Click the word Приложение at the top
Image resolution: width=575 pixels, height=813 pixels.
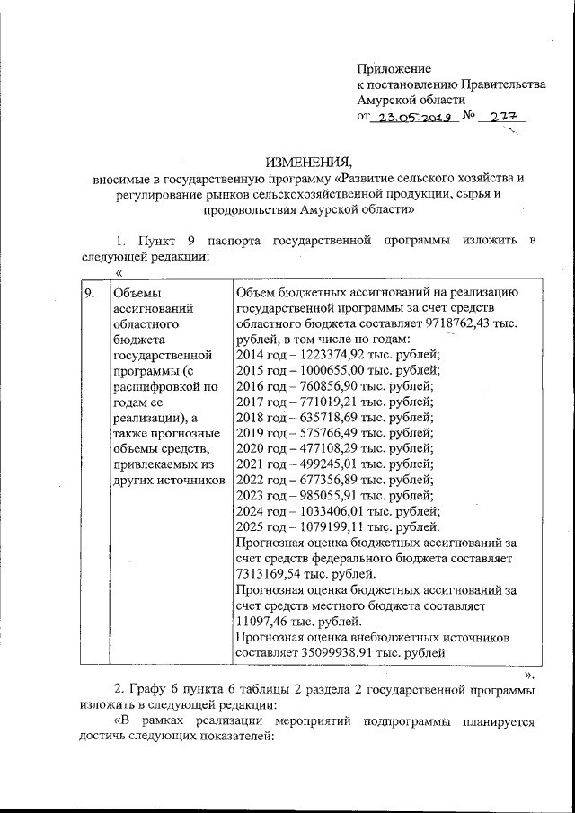[394, 68]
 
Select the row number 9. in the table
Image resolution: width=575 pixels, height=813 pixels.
[89, 293]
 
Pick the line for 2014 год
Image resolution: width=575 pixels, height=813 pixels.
[337, 358]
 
